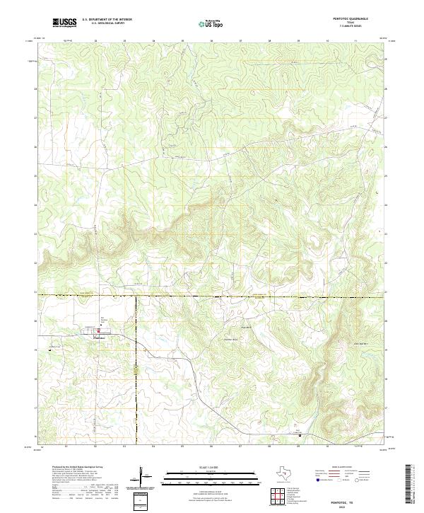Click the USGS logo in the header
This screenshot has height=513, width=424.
pyautogui.click(x=64, y=23)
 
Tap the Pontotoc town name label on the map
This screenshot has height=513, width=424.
pyautogui.click(x=100, y=337)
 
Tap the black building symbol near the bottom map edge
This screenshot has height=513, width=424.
pyautogui.click(x=300, y=435)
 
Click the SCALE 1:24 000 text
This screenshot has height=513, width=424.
pyautogui.click(x=211, y=466)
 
